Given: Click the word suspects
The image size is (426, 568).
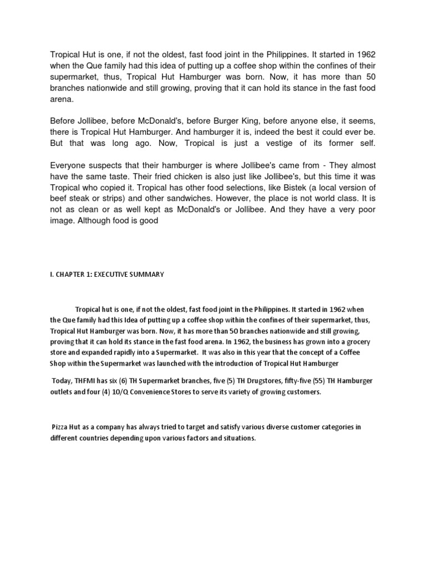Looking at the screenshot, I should [x=116, y=165].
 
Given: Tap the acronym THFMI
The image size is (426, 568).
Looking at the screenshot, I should [x=83, y=381].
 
